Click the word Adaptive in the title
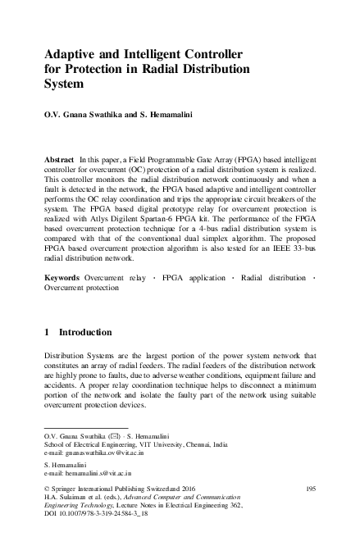pyautogui.click(x=73, y=53)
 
